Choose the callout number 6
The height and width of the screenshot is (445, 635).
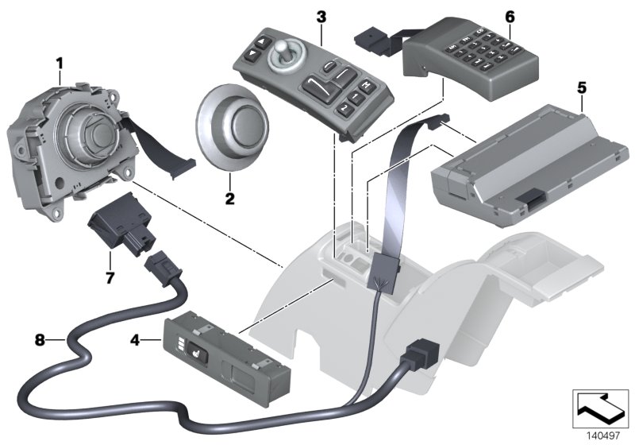tap(510, 17)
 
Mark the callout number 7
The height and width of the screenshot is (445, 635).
tap(110, 277)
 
